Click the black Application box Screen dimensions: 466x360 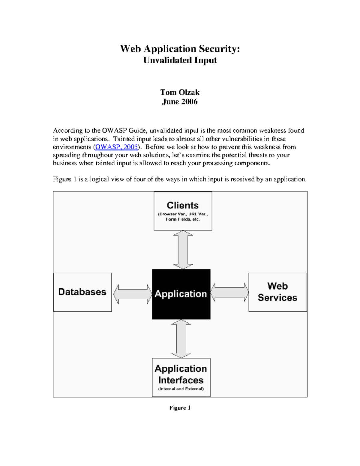tap(181, 294)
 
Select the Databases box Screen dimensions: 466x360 tap(82, 292)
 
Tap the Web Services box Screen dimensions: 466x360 tap(277, 292)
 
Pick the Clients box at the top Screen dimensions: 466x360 tap(183, 211)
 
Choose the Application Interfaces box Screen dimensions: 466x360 tap(181, 377)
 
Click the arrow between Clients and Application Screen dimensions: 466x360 tap(183, 250)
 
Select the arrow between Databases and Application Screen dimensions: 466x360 tap(132, 294)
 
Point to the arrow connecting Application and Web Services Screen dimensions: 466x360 tap(229, 292)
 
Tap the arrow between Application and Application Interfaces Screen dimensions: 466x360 tap(181, 338)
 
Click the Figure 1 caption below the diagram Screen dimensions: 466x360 tap(180, 407)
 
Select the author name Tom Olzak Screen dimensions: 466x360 tap(180, 92)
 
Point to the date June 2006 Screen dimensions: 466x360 tap(180, 102)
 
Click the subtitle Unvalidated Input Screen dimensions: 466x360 tap(180, 60)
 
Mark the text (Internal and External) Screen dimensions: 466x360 tap(181, 389)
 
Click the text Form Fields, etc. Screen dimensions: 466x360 tap(183, 219)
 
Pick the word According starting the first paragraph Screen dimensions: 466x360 tap(67, 131)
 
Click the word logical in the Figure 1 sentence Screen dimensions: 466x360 tap(99, 179)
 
